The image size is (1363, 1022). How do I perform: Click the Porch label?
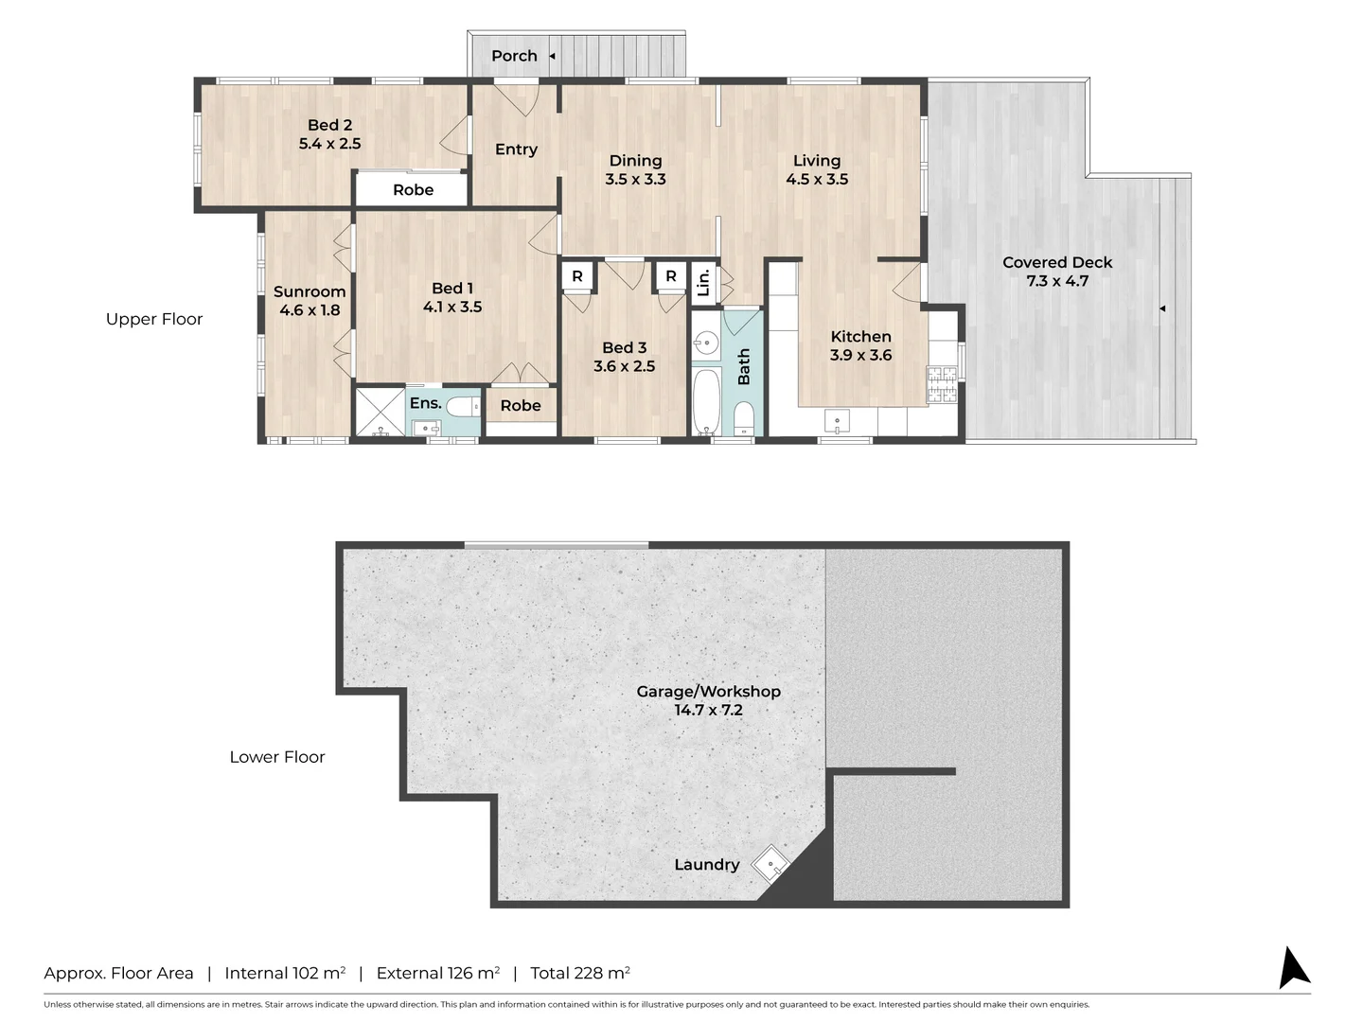pyautogui.click(x=514, y=56)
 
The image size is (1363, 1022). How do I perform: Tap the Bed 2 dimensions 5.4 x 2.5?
pyautogui.click(x=329, y=143)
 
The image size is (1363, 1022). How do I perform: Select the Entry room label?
pyautogui.click(x=516, y=150)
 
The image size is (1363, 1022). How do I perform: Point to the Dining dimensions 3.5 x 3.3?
pyautogui.click(x=635, y=179)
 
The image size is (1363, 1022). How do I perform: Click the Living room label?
pyautogui.click(x=817, y=161)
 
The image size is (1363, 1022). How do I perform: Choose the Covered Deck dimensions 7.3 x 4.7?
pyautogui.click(x=1057, y=281)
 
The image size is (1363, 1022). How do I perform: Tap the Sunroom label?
pyautogui.click(x=310, y=291)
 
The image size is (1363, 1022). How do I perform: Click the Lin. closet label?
pyautogui.click(x=703, y=283)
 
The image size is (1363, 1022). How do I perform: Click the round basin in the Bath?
pyautogui.click(x=707, y=342)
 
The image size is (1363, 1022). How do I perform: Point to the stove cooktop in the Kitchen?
pyautogui.click(x=942, y=384)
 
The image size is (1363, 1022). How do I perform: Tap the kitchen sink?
pyautogui.click(x=837, y=421)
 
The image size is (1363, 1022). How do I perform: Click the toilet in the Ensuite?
pyautogui.click(x=463, y=407)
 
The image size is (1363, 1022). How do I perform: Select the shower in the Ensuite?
pyautogui.click(x=380, y=411)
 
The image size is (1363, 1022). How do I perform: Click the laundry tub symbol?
pyautogui.click(x=770, y=863)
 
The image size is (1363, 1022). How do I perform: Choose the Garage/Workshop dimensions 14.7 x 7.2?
pyautogui.click(x=709, y=710)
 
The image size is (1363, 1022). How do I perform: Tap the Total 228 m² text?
pyautogui.click(x=580, y=973)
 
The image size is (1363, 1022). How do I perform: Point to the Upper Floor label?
pyautogui.click(x=154, y=319)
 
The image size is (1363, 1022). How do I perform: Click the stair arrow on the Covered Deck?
pyautogui.click(x=1162, y=308)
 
